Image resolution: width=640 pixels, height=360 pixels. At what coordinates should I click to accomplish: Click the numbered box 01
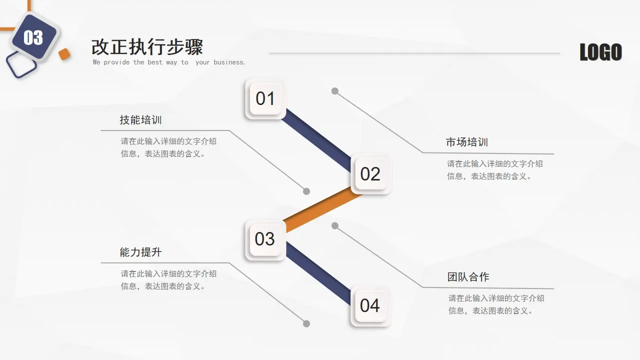coord(265,98)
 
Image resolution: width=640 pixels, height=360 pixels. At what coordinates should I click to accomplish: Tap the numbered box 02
coord(370,173)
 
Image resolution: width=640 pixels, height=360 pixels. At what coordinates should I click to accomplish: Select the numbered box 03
coord(265,239)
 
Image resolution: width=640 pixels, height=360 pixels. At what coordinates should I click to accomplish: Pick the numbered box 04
coord(370,305)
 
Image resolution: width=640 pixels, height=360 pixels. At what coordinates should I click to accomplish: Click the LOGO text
coord(600,52)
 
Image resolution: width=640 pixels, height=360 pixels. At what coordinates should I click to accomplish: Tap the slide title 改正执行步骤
coord(147,47)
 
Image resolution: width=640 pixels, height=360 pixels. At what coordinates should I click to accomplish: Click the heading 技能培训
coord(140,120)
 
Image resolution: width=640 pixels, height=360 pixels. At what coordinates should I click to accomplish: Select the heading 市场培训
coord(467,142)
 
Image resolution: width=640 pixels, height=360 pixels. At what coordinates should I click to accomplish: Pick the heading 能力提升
coord(140,252)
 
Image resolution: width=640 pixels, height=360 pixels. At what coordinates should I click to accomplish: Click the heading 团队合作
coord(468,276)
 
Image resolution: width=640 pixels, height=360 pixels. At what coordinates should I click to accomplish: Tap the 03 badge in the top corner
coord(33,37)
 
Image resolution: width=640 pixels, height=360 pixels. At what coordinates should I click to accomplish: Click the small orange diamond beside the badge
coord(64,54)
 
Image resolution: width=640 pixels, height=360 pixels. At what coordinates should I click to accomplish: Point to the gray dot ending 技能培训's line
coord(306,191)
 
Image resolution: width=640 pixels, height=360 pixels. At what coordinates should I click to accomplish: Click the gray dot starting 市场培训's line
coord(335,91)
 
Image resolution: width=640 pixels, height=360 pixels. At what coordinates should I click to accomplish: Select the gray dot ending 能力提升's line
coord(306,324)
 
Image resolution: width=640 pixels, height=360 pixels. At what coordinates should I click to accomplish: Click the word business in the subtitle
coord(228,62)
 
